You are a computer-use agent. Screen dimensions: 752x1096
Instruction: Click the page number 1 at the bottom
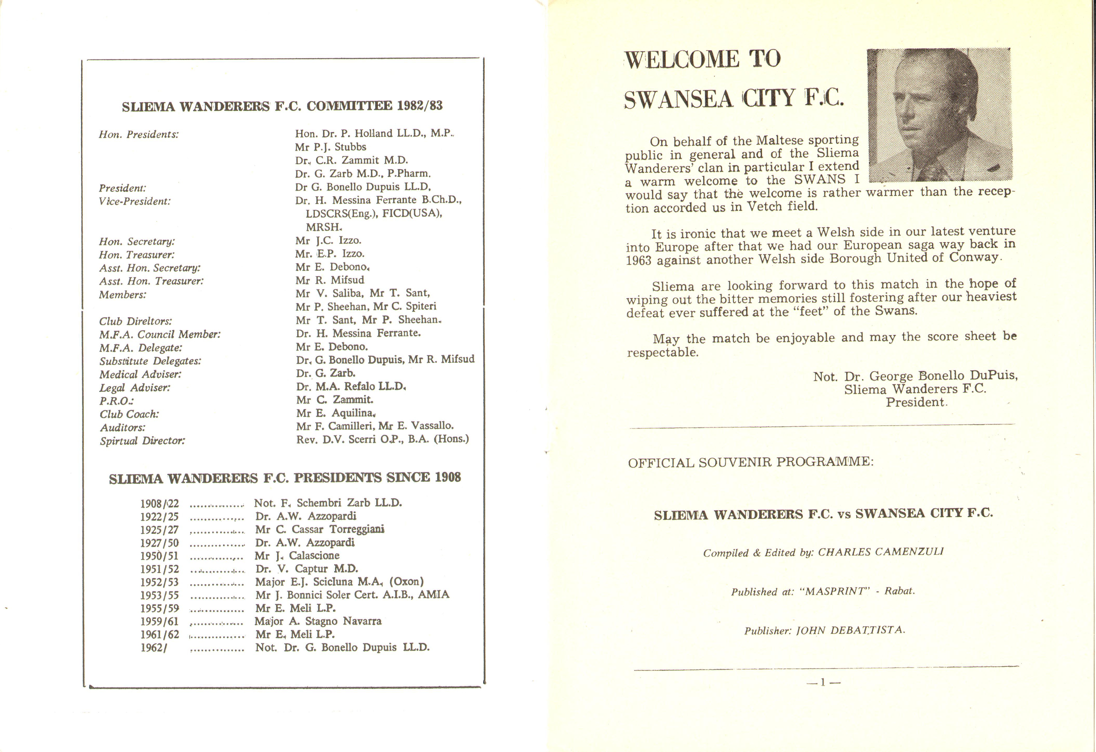[x=823, y=682]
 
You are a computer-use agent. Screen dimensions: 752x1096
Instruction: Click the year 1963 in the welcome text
[x=638, y=260]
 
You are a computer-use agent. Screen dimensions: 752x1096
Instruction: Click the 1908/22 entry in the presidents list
[x=159, y=504]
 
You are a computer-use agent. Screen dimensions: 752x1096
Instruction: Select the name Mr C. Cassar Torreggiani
[x=320, y=529]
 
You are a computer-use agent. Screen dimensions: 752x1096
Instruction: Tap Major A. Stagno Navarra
[x=318, y=621]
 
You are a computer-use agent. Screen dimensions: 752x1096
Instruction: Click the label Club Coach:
[x=129, y=414]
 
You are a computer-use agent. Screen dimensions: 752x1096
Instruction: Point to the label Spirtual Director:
[x=142, y=441]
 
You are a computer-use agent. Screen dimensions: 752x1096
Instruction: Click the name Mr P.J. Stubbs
[x=331, y=147]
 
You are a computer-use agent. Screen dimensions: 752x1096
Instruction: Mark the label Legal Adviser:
[x=135, y=388]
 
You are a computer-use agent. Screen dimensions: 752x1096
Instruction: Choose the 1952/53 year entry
[x=159, y=582]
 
